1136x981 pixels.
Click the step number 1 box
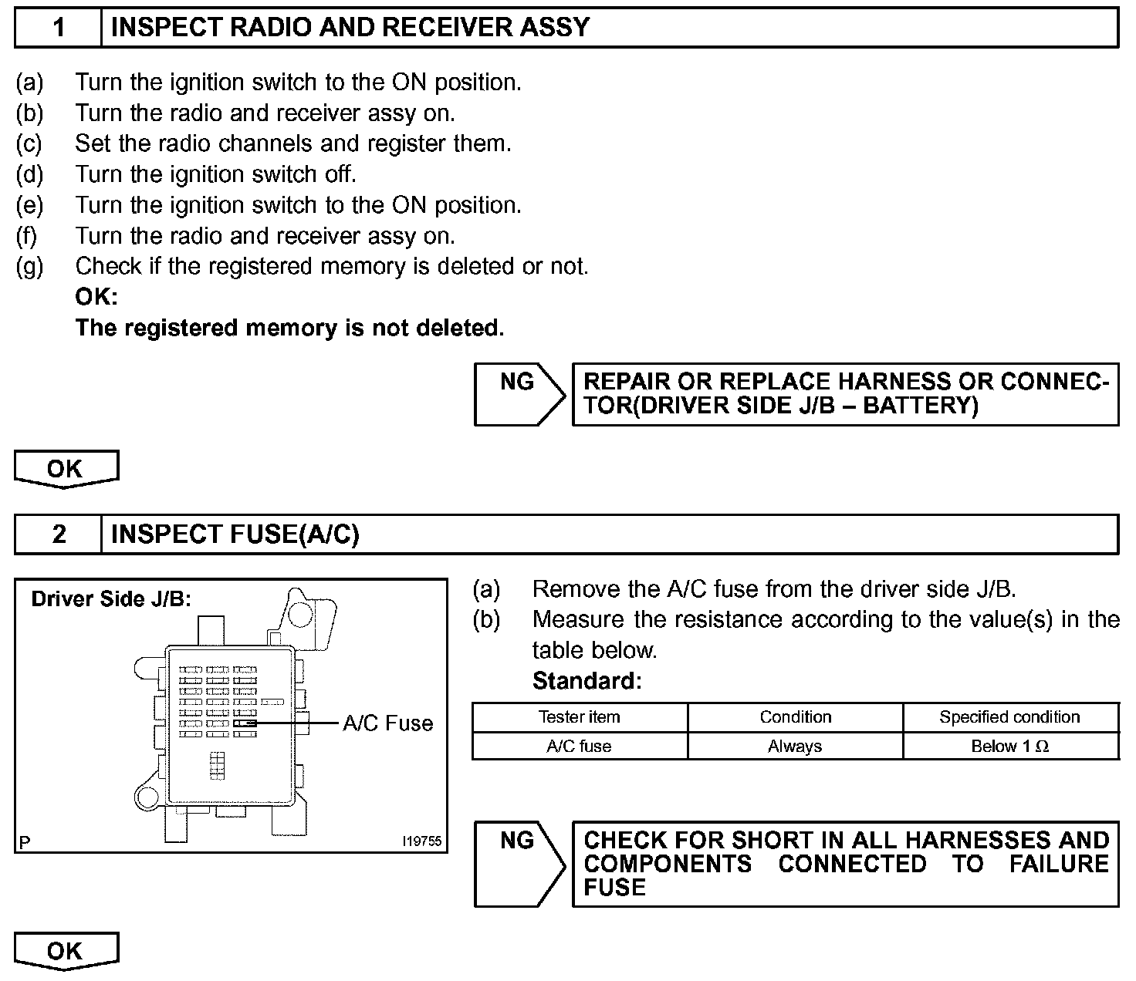59,28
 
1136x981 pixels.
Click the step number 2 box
59,534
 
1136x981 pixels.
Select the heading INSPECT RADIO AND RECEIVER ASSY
350,28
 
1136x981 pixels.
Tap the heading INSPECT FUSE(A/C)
235,534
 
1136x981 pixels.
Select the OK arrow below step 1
66,469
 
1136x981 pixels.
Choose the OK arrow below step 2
66,950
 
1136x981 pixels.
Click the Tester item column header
579,717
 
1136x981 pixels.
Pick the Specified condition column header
1009,717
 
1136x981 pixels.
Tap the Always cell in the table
795,747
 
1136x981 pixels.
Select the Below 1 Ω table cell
1009,747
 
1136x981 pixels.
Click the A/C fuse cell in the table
579,747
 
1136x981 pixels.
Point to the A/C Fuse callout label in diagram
387,723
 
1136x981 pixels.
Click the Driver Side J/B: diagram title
111,599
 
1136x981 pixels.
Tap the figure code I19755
422,841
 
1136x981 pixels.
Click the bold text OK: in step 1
96,297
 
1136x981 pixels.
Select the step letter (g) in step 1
30,267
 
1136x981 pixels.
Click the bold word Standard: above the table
587,681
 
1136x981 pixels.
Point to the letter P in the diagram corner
25,842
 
